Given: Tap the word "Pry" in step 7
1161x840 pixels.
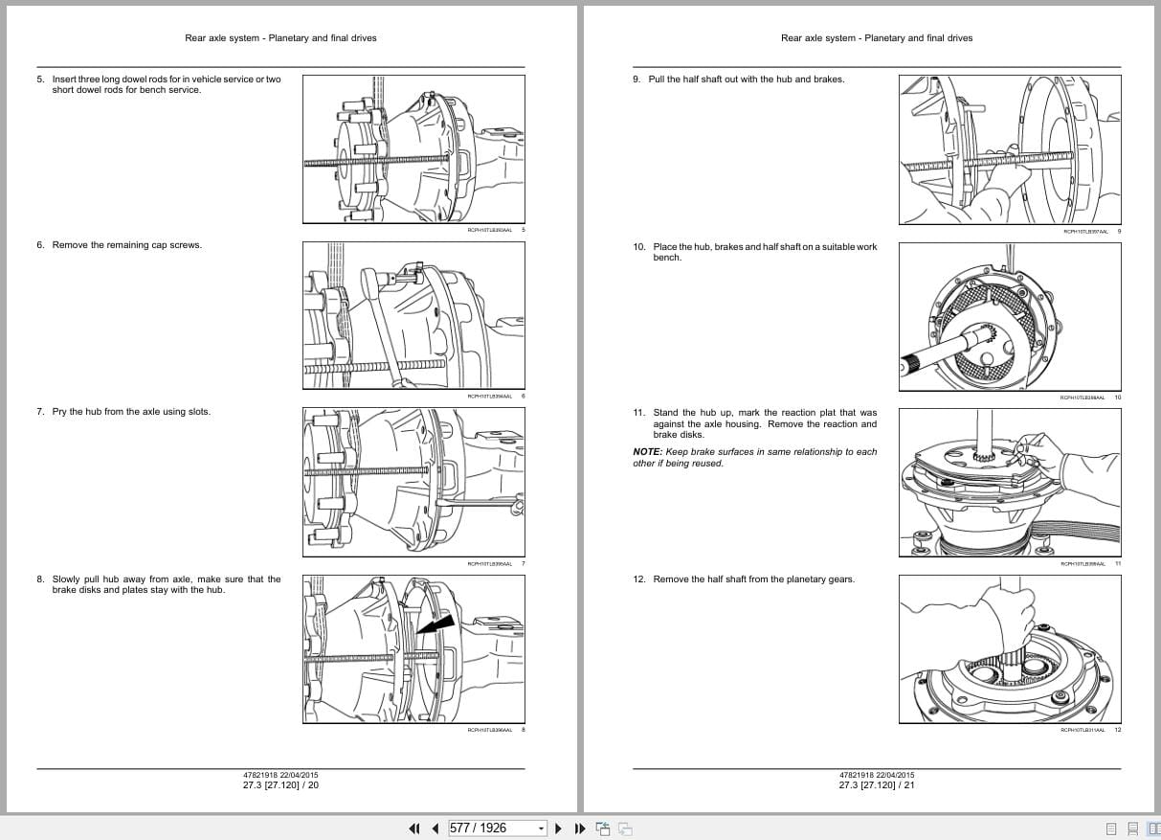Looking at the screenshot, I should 59,412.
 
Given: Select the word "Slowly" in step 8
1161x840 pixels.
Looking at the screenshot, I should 67,579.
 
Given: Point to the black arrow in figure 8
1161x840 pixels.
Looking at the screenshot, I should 436,624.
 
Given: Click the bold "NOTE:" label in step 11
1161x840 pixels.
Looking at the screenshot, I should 647,452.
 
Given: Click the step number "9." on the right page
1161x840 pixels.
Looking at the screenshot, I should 636,79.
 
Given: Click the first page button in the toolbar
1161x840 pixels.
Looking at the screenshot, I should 414,829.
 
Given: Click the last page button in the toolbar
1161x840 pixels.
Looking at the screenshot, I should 580,829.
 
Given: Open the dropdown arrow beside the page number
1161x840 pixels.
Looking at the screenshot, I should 541,829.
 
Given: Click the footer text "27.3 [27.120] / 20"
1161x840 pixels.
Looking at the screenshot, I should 280,785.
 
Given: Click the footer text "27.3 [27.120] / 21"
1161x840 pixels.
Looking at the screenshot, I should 877,785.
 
